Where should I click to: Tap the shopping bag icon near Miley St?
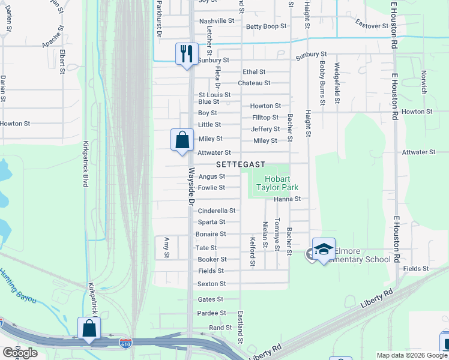[x=181, y=140]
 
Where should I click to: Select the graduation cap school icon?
[x=324, y=249]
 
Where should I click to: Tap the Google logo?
[x=20, y=353]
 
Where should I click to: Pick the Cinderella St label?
[x=216, y=211]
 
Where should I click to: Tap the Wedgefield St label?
[x=337, y=83]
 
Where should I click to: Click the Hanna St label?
[x=286, y=199]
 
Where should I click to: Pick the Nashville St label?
[x=217, y=20]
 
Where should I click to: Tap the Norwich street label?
[x=423, y=82]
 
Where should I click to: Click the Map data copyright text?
[x=412, y=355]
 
